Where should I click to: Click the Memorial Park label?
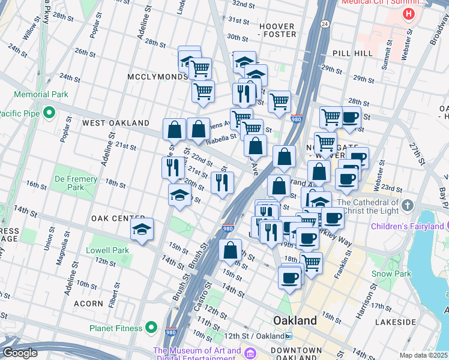(41, 94)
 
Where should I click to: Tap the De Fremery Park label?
(76, 183)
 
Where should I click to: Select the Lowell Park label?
(107, 250)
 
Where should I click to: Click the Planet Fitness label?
(116, 328)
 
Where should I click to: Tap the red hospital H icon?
(409, 14)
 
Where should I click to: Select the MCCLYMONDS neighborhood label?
(158, 77)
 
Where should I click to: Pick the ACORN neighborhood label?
(89, 304)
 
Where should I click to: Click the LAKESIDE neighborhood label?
(412, 322)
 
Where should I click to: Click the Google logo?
(19, 353)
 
